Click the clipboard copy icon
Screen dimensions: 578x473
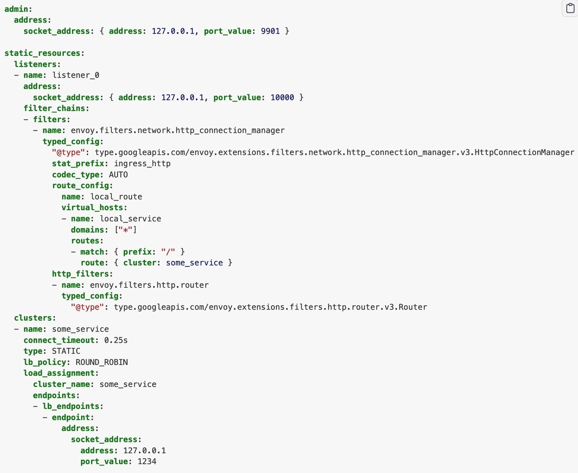(x=570, y=8)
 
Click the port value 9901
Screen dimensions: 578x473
(x=270, y=31)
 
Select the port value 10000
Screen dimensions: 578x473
(x=282, y=98)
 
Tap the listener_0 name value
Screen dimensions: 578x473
(x=76, y=75)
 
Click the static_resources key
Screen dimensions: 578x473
(x=42, y=53)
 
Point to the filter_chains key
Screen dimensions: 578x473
(x=54, y=108)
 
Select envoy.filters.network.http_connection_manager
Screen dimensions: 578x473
(x=178, y=130)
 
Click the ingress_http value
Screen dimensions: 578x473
(x=142, y=164)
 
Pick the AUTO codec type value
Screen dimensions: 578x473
(x=118, y=175)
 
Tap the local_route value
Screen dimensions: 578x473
(x=116, y=197)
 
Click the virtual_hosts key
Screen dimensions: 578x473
(x=92, y=208)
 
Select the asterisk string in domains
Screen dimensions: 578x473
(x=126, y=230)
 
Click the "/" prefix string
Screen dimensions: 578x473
(x=168, y=252)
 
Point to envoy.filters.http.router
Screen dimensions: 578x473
(x=149, y=285)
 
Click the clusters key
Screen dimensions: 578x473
(x=33, y=318)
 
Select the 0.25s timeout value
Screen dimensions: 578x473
(x=116, y=340)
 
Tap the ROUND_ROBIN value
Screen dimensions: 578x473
(x=102, y=362)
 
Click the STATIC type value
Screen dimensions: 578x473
(x=66, y=351)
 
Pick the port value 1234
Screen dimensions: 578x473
(x=147, y=462)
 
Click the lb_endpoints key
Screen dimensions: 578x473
(x=71, y=407)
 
